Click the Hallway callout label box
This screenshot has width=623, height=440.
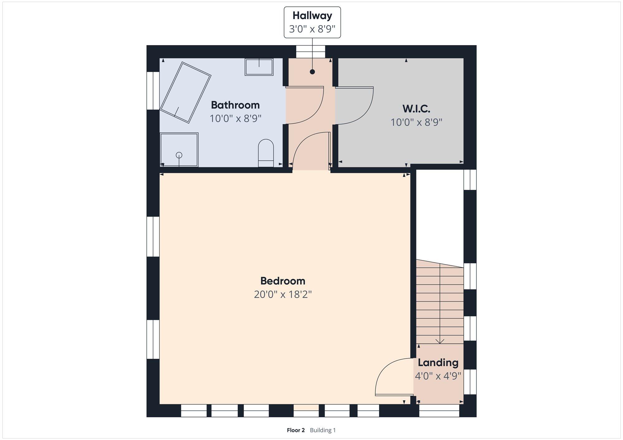click(x=312, y=22)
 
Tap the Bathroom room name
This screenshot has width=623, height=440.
click(x=235, y=105)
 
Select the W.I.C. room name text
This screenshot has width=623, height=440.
click(x=416, y=109)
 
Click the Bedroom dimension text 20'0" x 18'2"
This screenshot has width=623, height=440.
click(x=283, y=294)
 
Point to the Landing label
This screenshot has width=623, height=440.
click(x=438, y=363)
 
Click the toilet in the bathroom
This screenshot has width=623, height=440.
click(x=266, y=153)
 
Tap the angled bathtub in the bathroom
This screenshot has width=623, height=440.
click(x=186, y=92)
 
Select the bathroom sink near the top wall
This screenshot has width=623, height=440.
click(x=259, y=67)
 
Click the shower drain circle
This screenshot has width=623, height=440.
click(x=179, y=155)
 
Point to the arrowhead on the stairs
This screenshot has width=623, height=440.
click(x=440, y=341)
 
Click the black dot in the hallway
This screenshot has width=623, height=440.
click(x=312, y=72)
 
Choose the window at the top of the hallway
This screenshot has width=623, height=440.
click(x=310, y=52)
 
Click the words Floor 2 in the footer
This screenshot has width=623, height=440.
click(x=296, y=430)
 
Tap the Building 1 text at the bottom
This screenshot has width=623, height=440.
click(x=323, y=430)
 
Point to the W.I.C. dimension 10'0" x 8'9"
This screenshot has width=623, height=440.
click(x=416, y=122)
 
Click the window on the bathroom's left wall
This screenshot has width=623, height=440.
click(x=153, y=91)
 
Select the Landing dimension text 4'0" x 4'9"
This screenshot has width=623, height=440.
click(x=438, y=376)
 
